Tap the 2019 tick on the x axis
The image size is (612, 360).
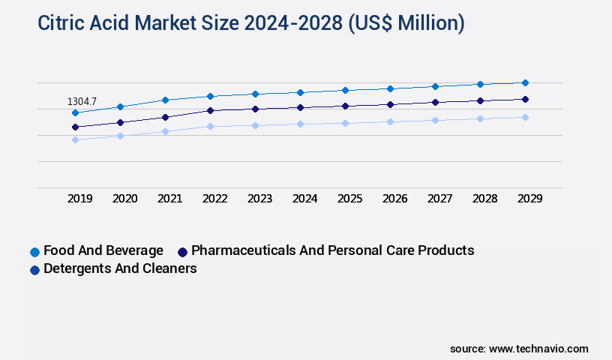point(79,199)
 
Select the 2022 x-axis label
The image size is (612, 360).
point(214,199)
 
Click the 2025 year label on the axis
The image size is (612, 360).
point(349,199)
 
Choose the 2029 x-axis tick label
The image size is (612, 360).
point(529,199)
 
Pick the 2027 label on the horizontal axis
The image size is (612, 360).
point(439,199)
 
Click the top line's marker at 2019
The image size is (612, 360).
point(75,112)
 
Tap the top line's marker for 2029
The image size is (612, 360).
point(525,82)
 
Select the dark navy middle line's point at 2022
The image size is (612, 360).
point(210,110)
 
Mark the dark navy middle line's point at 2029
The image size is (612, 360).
point(525,99)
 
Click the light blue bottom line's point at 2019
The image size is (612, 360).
point(75,139)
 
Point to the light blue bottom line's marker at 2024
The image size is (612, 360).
point(300,124)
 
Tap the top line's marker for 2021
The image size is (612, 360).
point(165,100)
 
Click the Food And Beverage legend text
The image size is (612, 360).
point(103,250)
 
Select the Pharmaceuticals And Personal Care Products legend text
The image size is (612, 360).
point(333,250)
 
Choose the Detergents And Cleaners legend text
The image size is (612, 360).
point(120,268)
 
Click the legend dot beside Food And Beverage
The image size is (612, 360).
point(34,252)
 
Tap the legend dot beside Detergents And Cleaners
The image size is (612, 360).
point(34,270)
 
